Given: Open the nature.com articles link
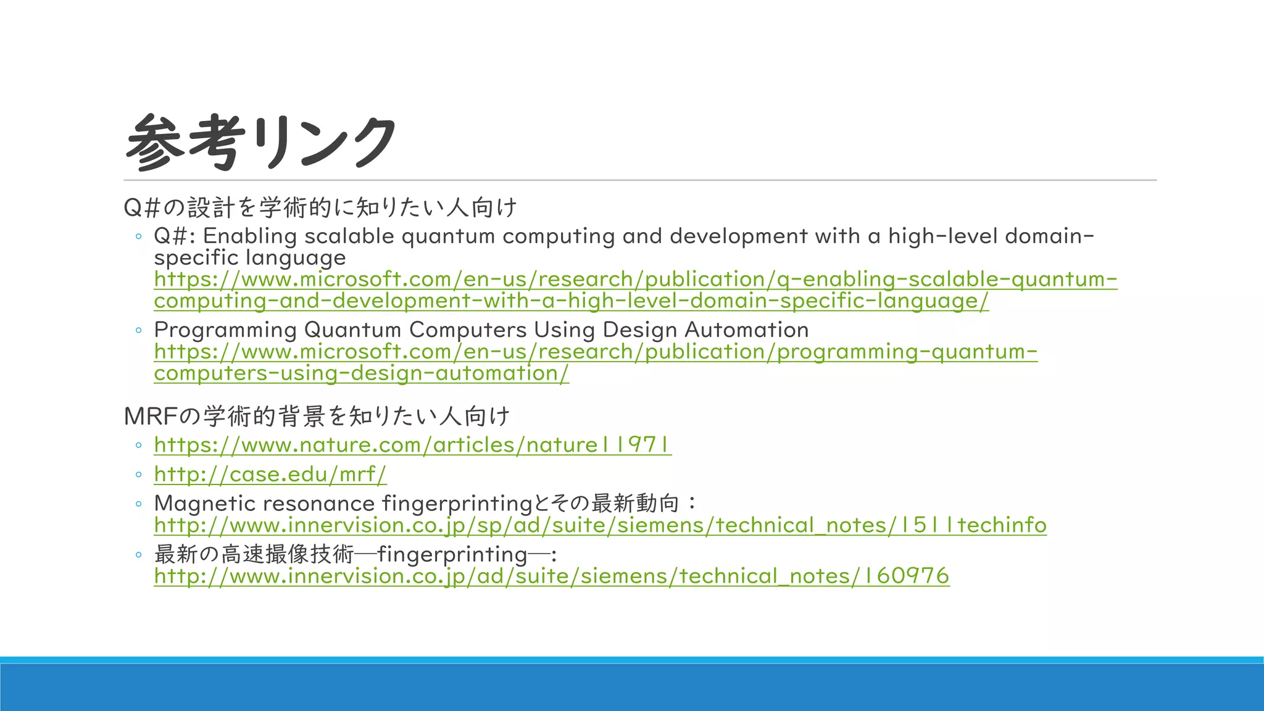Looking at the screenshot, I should [412, 445].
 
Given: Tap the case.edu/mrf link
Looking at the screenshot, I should [270, 474].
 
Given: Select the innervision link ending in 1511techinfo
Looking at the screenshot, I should [600, 525].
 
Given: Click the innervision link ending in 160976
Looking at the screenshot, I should [551, 576].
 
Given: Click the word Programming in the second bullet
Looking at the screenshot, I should [225, 330].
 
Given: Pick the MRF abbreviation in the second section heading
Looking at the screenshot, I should [151, 417].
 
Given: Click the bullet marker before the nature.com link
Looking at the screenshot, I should [139, 445].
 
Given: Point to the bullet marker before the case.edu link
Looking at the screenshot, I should [139, 475].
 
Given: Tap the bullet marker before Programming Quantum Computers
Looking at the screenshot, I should [139, 330].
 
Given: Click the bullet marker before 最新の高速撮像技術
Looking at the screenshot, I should [139, 555].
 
